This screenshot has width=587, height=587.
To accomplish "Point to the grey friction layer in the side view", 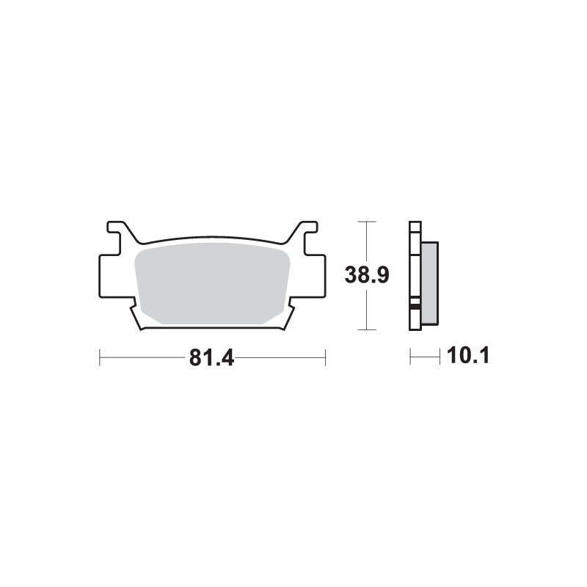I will [x=429, y=282].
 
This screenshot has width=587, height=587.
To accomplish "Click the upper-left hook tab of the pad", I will [x=117, y=231].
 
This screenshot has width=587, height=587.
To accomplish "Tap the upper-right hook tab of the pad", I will [x=307, y=231].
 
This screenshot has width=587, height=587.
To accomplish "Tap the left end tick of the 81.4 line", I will [x=99, y=357].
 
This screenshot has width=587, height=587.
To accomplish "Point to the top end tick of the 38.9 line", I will [x=366, y=221].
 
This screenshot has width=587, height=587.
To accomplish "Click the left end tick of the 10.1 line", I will [x=410, y=357].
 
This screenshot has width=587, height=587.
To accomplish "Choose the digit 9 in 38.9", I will [x=381, y=275].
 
